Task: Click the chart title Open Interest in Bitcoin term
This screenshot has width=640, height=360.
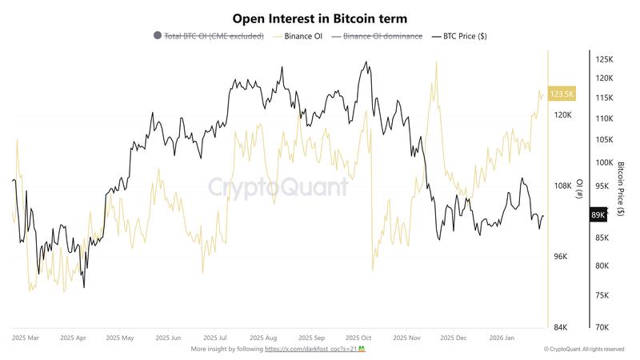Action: [x=320, y=18]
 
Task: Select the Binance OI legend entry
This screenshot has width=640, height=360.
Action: [x=303, y=37]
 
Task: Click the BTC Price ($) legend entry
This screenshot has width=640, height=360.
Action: [x=465, y=37]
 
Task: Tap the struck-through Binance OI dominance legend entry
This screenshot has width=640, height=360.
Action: [x=382, y=37]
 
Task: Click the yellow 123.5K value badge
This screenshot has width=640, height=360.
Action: [x=562, y=94]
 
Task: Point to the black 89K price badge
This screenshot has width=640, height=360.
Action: [x=598, y=214]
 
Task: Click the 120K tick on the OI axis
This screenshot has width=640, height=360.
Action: [x=562, y=115]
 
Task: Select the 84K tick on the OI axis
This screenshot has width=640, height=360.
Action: [x=562, y=327]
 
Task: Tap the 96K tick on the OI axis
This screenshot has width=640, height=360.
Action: [x=562, y=257]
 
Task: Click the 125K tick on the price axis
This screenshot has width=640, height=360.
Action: [x=604, y=59]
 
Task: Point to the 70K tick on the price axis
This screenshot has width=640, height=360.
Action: [x=604, y=327]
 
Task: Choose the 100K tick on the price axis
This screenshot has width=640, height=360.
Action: [x=604, y=162]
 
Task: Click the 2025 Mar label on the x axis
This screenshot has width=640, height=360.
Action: [x=26, y=338]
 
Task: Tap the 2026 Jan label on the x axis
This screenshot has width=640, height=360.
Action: [x=501, y=338]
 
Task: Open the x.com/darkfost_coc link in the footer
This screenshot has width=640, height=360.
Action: [x=310, y=350]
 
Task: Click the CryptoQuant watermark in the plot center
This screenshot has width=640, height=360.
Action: [x=278, y=187]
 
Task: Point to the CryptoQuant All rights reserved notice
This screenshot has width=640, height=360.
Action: [x=583, y=350]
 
